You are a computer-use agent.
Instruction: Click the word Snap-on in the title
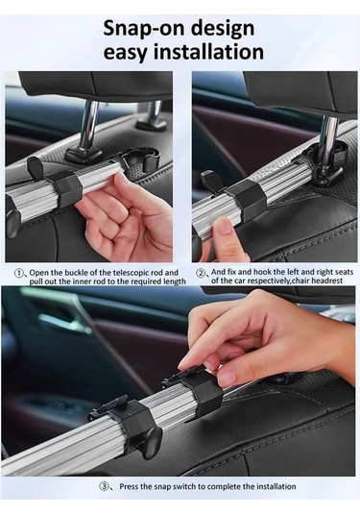(x=144, y=29)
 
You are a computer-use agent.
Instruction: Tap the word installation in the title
(x=208, y=52)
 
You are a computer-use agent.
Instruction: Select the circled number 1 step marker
(x=19, y=273)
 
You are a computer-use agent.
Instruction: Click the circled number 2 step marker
(x=201, y=273)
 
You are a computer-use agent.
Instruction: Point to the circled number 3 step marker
(x=104, y=486)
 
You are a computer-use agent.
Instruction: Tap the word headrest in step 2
(x=328, y=281)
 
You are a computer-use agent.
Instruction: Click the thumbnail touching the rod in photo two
(x=224, y=225)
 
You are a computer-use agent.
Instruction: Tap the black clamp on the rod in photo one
(x=66, y=185)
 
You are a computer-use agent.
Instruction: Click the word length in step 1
(x=175, y=281)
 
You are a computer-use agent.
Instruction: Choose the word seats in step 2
(x=345, y=272)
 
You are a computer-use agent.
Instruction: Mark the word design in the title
(x=223, y=29)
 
